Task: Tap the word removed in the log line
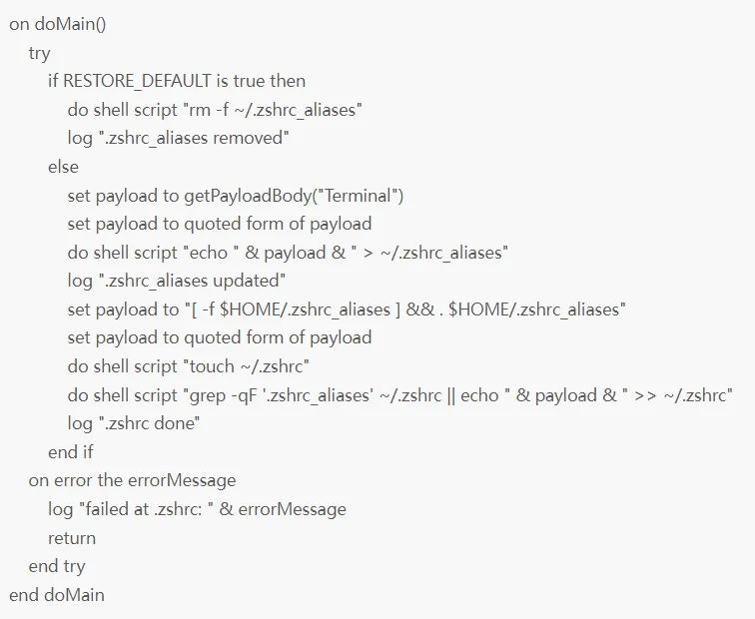(252, 137)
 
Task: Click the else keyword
(63, 166)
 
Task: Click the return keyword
(72, 538)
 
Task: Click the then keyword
(288, 81)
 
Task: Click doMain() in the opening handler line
(73, 24)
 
